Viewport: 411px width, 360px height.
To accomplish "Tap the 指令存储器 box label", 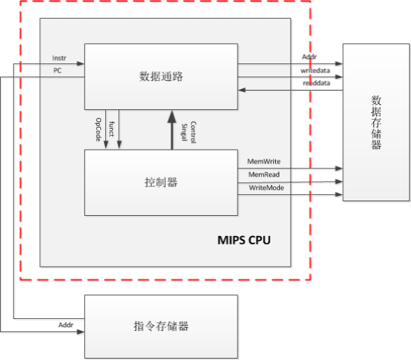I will [161, 326].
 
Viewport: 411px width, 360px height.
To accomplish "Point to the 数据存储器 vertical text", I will [376, 123].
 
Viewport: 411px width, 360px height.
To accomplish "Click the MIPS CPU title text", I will [244, 241].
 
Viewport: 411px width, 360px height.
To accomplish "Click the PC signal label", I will [58, 70].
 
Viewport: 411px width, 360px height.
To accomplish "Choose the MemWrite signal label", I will [264, 161].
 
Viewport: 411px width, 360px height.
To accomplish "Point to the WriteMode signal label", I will [265, 188].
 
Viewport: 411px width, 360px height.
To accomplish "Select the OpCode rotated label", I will [98, 130].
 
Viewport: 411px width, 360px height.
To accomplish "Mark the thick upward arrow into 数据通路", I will [171, 129].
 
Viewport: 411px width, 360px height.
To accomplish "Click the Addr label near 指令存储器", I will [66, 324].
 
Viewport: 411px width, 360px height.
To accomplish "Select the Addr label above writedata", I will [309, 57].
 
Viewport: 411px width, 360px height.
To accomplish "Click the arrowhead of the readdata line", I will [242, 90].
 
